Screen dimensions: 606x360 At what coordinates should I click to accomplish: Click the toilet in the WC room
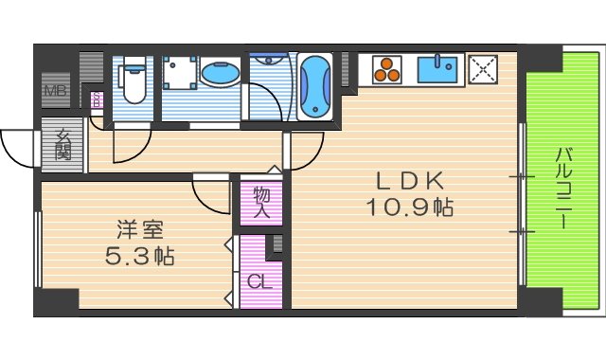point(133,81)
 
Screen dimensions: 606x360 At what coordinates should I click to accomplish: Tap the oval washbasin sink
point(220,73)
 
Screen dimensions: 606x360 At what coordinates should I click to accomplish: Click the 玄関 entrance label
point(63,146)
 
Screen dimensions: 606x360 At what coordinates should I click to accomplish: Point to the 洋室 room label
point(140,229)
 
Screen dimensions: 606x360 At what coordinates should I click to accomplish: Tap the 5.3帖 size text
point(140,255)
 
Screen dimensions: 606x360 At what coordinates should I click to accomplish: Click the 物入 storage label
point(262,202)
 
